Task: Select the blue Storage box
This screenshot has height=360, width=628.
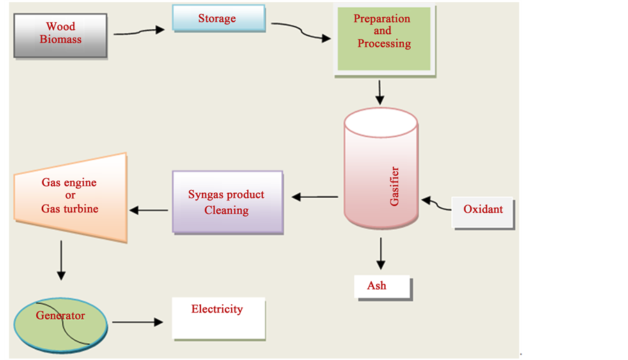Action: pos(218,19)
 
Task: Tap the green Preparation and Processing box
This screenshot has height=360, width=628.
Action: pos(384,38)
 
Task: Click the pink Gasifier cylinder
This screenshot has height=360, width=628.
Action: pos(381,181)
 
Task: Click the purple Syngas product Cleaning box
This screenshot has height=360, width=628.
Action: pos(227,202)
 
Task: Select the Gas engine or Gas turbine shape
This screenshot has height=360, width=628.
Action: pos(70,197)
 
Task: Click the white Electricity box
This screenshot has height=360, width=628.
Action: pos(219,318)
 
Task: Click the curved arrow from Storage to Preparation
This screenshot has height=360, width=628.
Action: pos(301,32)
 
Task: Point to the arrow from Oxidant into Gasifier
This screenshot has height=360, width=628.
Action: pos(436,204)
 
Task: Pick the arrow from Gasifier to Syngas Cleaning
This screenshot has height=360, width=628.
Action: pos(315,197)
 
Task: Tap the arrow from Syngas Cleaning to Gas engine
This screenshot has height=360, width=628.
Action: pos(148,209)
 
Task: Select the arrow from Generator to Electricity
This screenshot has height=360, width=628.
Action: pos(136,322)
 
